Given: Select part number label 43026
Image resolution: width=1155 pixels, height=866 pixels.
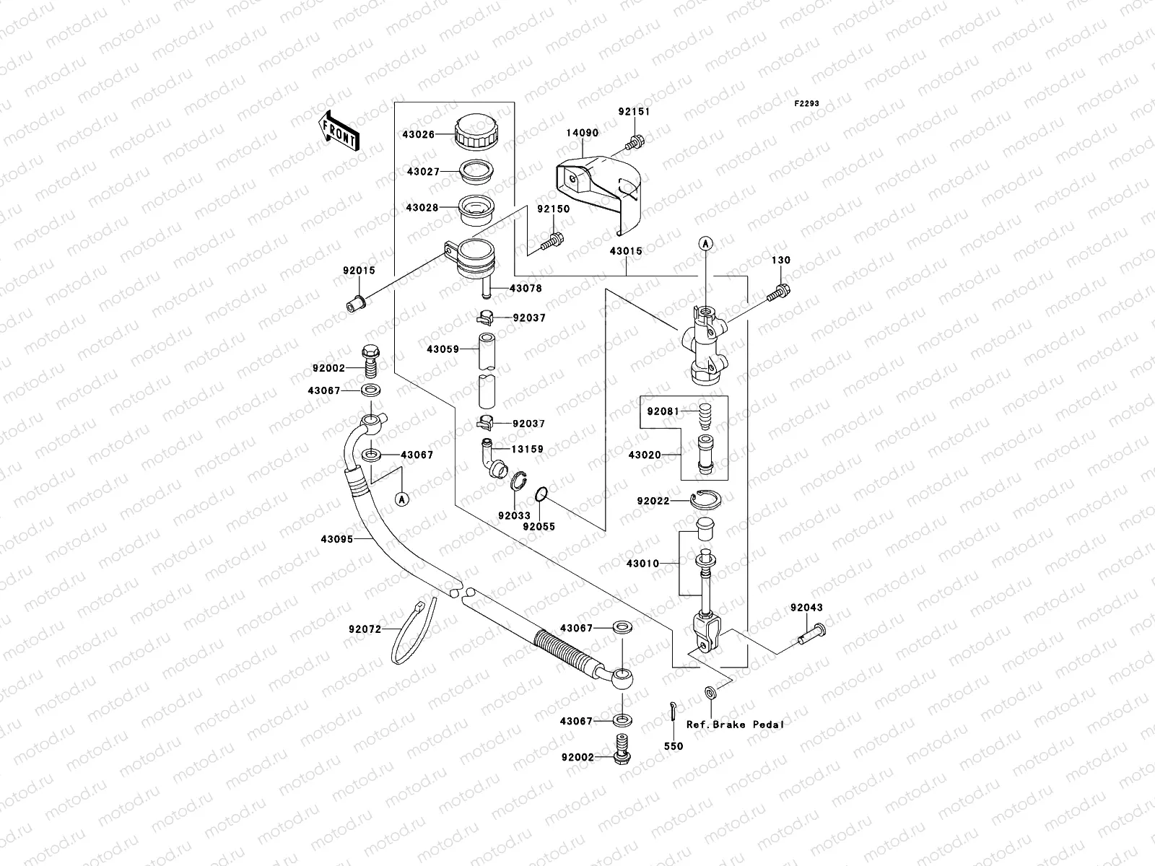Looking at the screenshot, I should [x=420, y=134].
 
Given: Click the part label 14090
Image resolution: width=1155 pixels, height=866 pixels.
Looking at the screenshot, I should [x=582, y=134].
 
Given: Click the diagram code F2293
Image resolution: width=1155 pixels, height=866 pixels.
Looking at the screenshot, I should [x=807, y=104].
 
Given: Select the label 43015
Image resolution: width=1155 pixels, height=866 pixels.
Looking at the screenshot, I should [x=625, y=251].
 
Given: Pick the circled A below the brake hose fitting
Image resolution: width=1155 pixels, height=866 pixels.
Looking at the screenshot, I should [x=403, y=498].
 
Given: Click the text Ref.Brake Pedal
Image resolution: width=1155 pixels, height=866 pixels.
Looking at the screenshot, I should [x=734, y=724].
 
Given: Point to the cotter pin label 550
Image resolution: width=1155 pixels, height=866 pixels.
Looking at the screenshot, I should [x=673, y=746].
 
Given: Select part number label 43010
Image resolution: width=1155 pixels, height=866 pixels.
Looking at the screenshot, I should [x=642, y=564].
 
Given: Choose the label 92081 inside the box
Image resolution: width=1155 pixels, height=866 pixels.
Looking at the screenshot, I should [x=662, y=411].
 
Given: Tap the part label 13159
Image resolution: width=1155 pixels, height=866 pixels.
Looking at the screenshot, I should [x=527, y=449].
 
